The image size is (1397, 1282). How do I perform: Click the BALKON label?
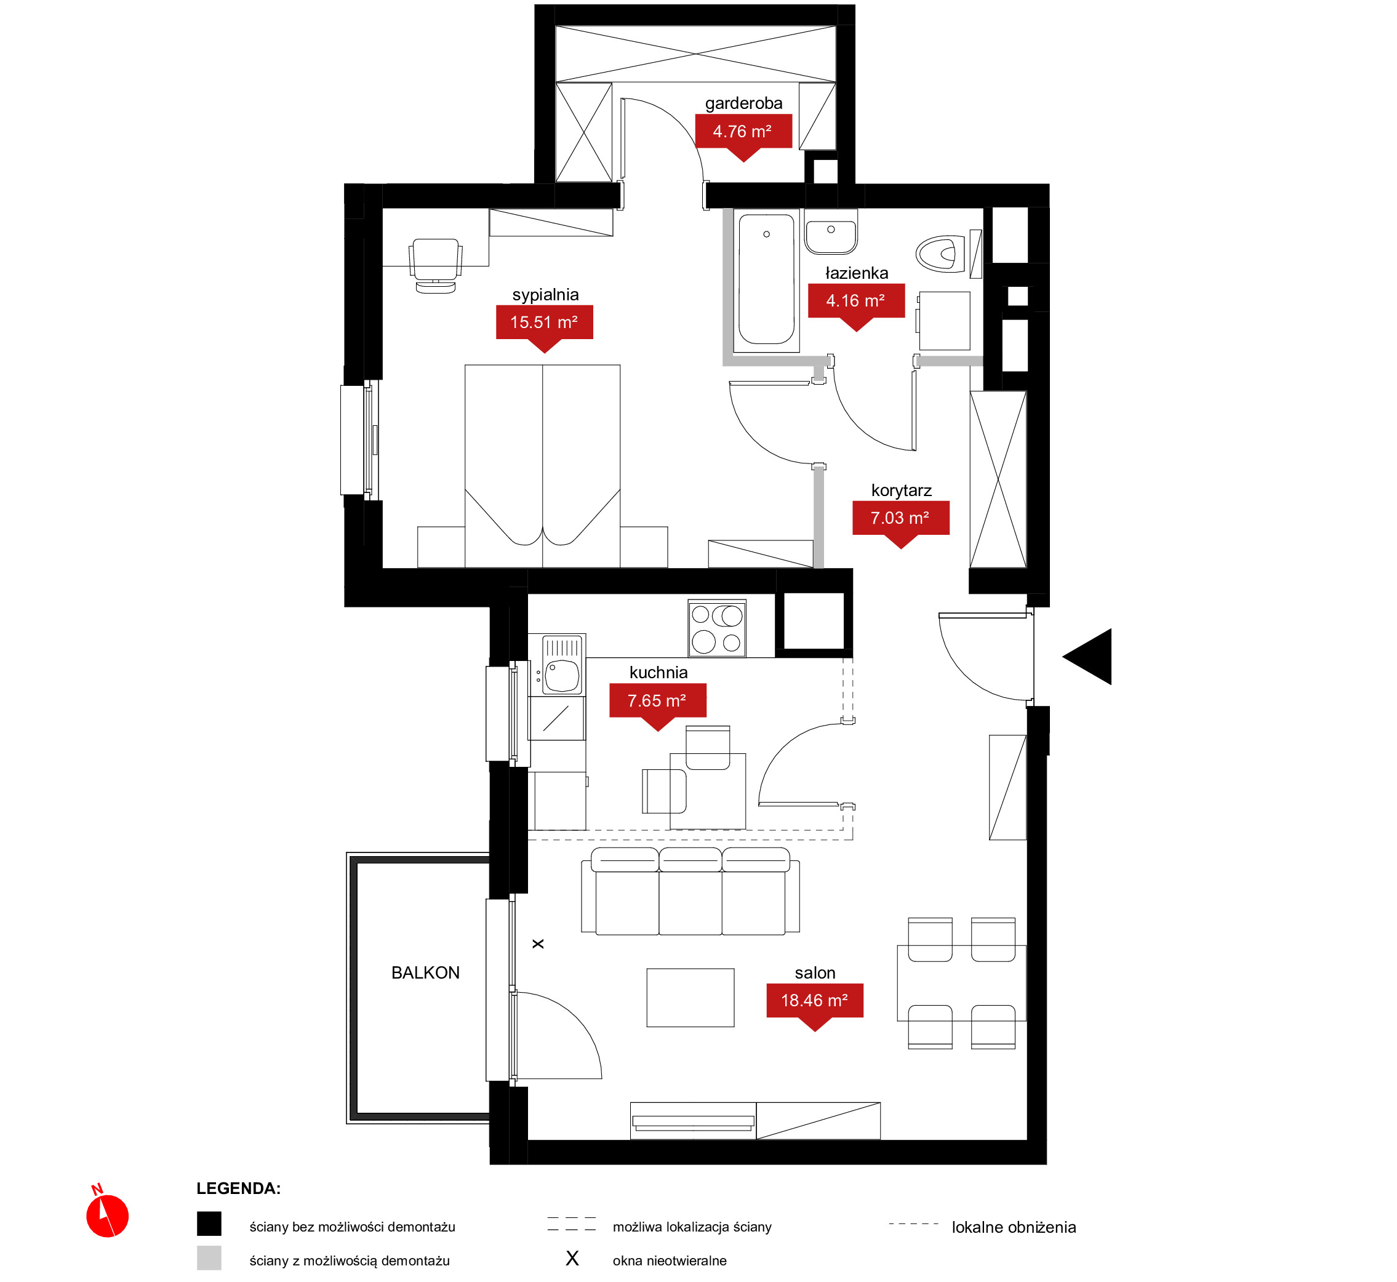coord(426,972)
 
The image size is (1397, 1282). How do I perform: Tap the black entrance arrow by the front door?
coord(1087,657)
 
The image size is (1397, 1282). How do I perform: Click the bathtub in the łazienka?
coord(766,279)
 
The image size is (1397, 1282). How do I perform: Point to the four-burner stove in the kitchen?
coord(717,628)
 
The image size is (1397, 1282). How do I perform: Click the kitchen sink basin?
coord(562,676)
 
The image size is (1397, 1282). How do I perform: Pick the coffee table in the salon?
coord(690,998)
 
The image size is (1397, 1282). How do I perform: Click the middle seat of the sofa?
coord(690,891)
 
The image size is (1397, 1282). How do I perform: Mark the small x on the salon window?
coord(538,944)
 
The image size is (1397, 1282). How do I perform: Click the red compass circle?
coord(108,1216)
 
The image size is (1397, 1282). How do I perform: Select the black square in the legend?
coord(209,1224)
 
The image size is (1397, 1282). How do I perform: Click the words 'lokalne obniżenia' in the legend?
coord(1014,1227)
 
